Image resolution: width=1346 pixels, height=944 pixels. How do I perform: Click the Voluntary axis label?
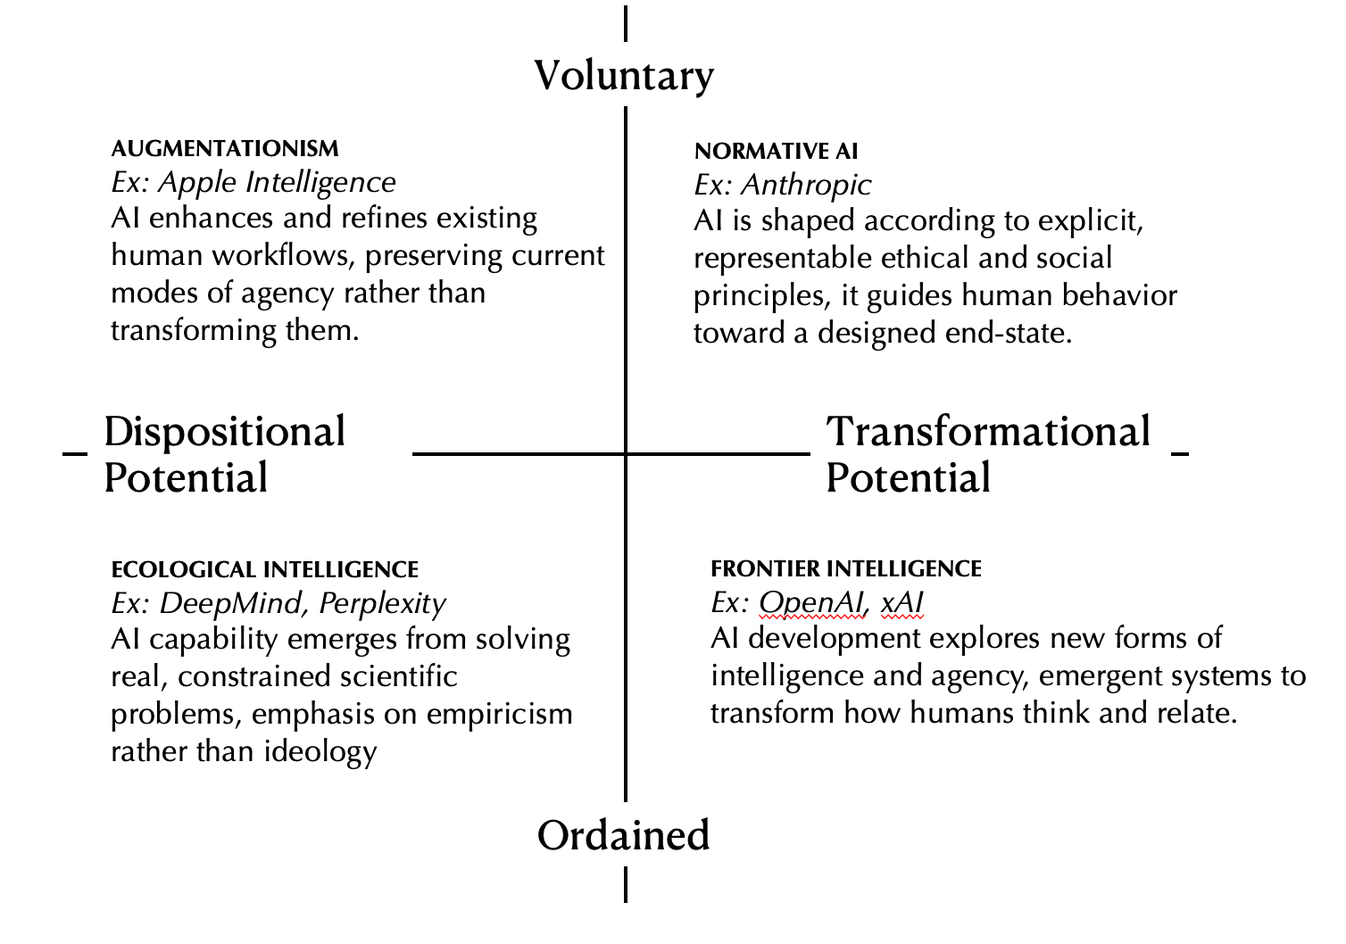624,76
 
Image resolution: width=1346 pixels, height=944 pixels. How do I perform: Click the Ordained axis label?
623,836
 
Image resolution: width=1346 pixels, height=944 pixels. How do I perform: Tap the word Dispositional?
224,432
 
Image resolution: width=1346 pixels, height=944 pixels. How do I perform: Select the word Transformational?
988,432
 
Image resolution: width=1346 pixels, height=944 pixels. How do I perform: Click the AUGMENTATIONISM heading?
225,148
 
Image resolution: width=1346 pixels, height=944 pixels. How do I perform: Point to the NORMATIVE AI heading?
776,151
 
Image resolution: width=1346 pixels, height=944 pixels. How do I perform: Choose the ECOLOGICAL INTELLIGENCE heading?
264,570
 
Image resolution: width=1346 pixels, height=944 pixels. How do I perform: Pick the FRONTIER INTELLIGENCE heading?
846,568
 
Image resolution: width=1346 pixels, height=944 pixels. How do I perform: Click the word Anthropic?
806,185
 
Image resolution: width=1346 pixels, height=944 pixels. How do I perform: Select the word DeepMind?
234,604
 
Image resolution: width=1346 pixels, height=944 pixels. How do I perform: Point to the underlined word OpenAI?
810,603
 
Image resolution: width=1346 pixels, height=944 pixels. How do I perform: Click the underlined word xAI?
901,603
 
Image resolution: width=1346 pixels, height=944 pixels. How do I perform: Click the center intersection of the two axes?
625,454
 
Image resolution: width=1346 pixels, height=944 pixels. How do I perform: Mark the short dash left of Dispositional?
75,453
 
